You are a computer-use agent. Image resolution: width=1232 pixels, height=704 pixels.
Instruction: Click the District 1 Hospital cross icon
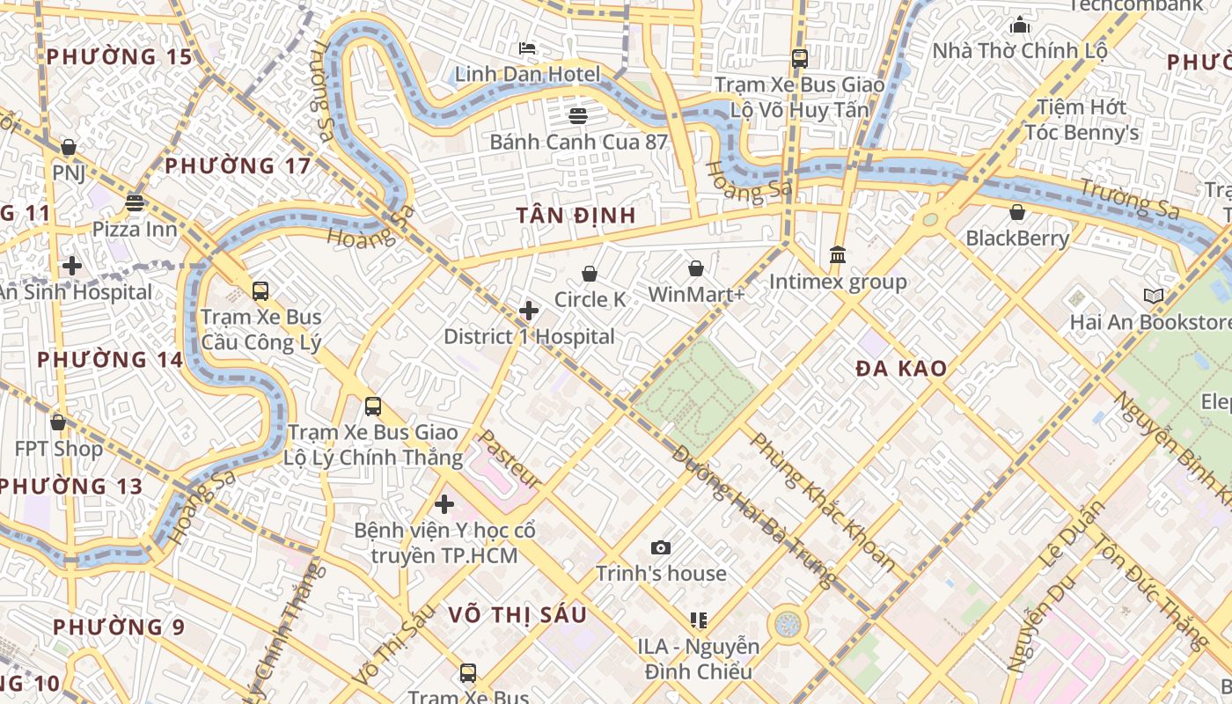pyautogui.click(x=529, y=311)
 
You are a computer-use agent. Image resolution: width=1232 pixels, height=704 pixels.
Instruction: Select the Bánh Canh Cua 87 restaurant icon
pyautogui.click(x=578, y=115)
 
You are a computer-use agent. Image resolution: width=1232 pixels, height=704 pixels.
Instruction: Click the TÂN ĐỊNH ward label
pyautogui.click(x=576, y=216)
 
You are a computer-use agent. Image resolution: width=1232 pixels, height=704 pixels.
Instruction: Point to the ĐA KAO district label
pyautogui.click(x=901, y=369)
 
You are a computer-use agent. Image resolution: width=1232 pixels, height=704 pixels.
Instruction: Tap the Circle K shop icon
pyautogui.click(x=590, y=275)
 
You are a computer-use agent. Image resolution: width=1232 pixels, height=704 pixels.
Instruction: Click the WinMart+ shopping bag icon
pyautogui.click(x=696, y=268)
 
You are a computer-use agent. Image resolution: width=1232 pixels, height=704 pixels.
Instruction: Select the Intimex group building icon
pyautogui.click(x=838, y=255)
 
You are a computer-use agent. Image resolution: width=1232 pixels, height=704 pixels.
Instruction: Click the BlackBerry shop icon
pyautogui.click(x=1017, y=212)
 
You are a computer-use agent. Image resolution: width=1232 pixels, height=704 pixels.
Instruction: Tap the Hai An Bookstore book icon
pyautogui.click(x=1153, y=296)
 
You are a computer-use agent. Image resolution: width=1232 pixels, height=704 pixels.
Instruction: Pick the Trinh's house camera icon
pyautogui.click(x=661, y=548)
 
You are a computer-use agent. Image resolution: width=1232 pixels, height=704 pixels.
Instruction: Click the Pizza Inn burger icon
pyautogui.click(x=135, y=203)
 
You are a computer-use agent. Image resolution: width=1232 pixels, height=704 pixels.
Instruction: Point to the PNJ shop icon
pyautogui.click(x=69, y=147)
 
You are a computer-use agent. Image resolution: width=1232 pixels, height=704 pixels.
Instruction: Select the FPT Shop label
pyautogui.click(x=59, y=449)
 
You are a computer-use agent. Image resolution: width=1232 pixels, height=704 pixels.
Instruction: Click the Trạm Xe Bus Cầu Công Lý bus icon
pyautogui.click(x=260, y=290)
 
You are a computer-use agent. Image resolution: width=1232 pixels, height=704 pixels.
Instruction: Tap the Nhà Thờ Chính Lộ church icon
pyautogui.click(x=1020, y=25)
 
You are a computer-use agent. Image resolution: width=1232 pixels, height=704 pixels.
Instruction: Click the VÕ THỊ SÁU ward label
pyautogui.click(x=517, y=615)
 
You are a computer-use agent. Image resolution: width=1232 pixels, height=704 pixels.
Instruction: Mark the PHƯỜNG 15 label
pyautogui.click(x=119, y=57)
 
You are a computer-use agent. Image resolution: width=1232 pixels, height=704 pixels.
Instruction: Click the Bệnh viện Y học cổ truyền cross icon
pyautogui.click(x=444, y=504)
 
